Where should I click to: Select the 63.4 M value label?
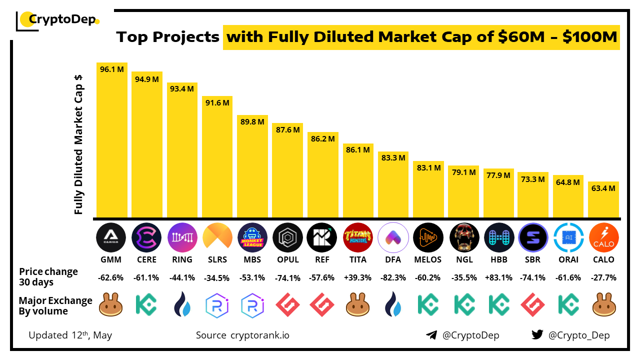603,188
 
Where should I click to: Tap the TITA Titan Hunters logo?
358,237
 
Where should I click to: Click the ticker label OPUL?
288,259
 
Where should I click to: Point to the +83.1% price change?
499,277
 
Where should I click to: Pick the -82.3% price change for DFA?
393,277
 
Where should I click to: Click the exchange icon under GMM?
111,305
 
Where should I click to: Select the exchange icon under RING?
182,305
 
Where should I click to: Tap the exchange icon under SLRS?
217,305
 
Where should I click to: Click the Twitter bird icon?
537,335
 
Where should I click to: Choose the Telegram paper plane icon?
431,335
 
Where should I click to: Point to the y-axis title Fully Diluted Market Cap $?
78,145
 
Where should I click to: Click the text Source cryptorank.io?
242,335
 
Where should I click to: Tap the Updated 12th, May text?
70,335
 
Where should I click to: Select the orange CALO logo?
603,237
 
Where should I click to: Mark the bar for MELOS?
428,189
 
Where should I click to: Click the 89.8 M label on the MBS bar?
252,122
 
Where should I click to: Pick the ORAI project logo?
568,237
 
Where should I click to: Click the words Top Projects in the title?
167,37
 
